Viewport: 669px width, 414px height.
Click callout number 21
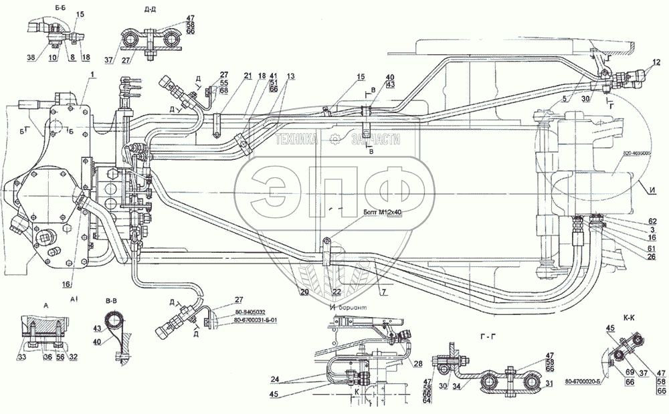pos(248,75)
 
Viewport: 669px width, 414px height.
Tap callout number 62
pos(652,221)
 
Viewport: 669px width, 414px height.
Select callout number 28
pos(417,364)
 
